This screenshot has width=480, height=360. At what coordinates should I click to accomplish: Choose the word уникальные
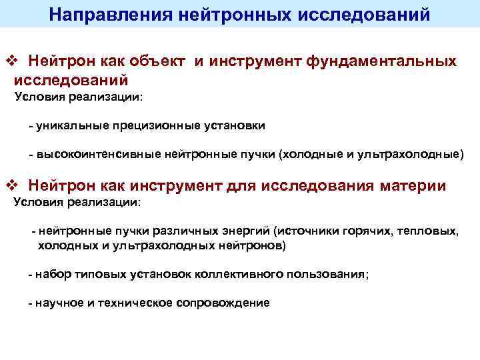tap(71, 125)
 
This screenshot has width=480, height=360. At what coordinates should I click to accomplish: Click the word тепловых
tap(427, 231)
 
